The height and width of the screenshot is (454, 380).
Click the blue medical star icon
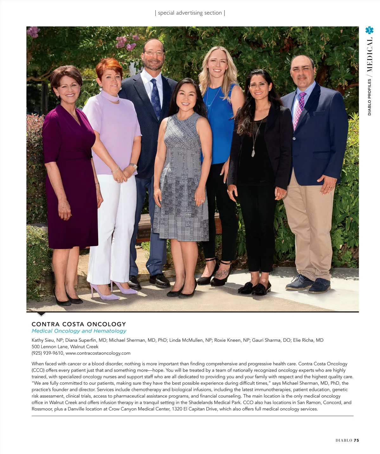(x=369, y=30)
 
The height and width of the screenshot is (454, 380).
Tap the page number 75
(x=356, y=440)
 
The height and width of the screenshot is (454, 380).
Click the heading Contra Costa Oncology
(x=79, y=324)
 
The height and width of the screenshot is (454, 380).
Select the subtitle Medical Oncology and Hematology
(x=79, y=331)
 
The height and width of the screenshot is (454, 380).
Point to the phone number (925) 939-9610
(x=48, y=353)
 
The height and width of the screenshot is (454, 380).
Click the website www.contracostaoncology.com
(x=98, y=353)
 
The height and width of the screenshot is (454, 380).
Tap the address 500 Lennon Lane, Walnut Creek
(x=65, y=347)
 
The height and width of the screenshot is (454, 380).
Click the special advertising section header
(x=190, y=13)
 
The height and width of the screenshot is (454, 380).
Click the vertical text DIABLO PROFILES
(x=370, y=97)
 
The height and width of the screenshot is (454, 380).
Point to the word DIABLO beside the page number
(x=344, y=440)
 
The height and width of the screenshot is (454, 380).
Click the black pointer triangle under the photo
(x=41, y=314)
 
